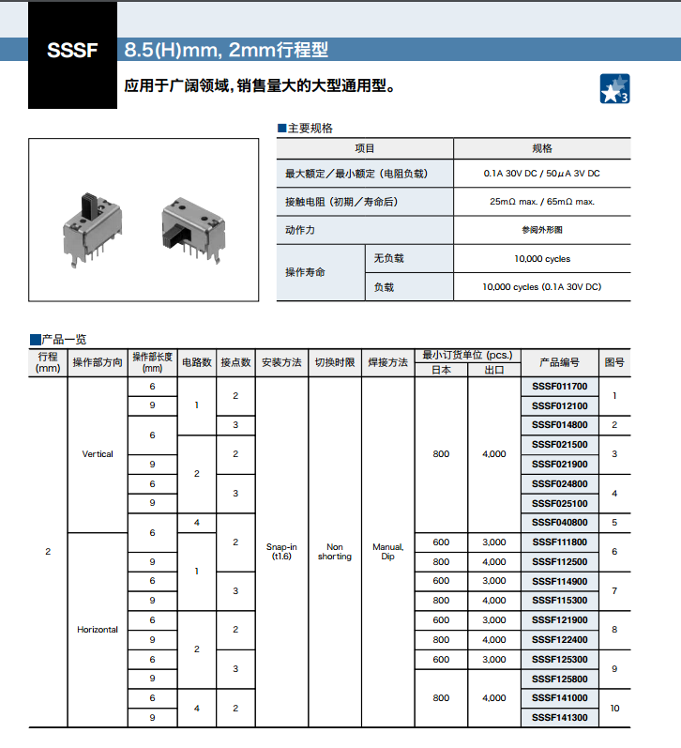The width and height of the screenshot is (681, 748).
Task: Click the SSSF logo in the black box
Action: coord(71,51)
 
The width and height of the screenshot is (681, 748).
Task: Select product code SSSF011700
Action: coord(559,386)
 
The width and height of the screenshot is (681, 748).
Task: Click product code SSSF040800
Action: coord(559,522)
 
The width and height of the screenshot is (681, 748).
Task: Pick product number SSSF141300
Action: coord(559,717)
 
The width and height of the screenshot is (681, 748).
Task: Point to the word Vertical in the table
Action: coord(98,454)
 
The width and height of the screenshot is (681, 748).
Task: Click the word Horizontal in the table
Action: coord(98,630)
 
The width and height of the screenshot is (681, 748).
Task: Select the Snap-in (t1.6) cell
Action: coord(281,552)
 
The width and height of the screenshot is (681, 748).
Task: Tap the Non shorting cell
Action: coord(335,552)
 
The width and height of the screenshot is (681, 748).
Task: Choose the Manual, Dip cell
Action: coord(387,552)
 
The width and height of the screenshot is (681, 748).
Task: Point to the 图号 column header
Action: coord(614,362)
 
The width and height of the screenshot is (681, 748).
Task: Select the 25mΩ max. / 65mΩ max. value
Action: coord(542,202)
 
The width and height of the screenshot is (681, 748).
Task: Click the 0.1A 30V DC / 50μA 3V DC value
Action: coord(542,174)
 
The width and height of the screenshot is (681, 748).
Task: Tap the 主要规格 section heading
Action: coord(309,129)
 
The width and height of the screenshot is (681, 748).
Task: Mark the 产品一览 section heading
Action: coord(63,339)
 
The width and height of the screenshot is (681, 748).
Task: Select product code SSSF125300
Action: coord(559,659)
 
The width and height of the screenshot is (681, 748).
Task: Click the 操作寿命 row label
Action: coord(306,272)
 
